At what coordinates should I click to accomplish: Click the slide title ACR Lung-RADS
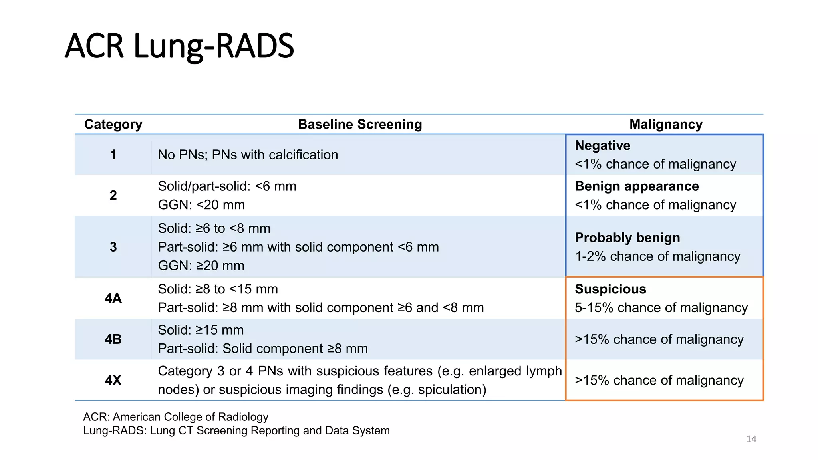(x=179, y=46)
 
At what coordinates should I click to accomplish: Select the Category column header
(x=113, y=124)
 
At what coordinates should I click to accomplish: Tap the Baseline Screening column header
(x=360, y=124)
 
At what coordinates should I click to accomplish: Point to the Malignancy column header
(x=666, y=124)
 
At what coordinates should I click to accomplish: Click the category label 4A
(x=113, y=298)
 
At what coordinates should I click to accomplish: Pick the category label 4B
(x=113, y=339)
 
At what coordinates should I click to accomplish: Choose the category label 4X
(x=113, y=380)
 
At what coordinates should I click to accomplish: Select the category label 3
(x=113, y=247)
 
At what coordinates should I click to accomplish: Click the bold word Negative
(x=602, y=145)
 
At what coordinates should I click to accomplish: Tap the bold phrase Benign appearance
(x=637, y=186)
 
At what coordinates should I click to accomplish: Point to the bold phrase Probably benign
(x=627, y=238)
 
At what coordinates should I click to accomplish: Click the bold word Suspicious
(x=610, y=289)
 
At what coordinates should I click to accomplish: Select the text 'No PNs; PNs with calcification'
(x=248, y=155)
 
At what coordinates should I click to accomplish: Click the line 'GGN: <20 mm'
(x=201, y=205)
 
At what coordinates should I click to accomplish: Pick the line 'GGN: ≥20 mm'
(x=201, y=266)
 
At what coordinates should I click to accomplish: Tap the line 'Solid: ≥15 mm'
(x=201, y=330)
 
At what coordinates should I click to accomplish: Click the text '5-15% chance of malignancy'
(x=661, y=308)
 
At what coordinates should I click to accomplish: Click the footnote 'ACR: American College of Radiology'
(x=176, y=417)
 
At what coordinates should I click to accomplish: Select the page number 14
(x=751, y=439)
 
